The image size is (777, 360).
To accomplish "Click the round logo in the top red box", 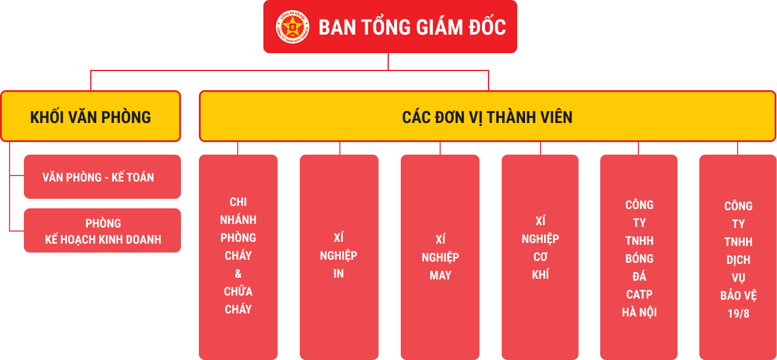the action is coord(293,27).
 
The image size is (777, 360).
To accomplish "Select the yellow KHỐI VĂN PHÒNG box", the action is coord(91,116).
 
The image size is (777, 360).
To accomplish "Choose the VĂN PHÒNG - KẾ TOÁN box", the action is coord(102,177).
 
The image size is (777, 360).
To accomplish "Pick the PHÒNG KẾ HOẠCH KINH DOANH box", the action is coord(102,230).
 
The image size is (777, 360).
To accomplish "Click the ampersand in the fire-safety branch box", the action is coord(238,273).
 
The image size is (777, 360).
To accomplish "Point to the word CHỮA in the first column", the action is coord(238,291).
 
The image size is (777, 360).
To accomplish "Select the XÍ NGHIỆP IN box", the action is coord(339,257).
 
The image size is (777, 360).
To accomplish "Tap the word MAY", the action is coord(440,275).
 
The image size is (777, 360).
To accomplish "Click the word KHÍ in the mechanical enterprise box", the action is coord(540,274).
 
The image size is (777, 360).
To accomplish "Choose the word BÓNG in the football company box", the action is coord(639,258).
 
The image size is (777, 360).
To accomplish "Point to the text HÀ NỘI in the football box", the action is coord(639,312).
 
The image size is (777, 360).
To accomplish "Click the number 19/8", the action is coord(738,313).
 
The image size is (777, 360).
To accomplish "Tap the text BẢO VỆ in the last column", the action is coord(738,296).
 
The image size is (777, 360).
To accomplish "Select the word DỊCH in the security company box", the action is coord(738,260).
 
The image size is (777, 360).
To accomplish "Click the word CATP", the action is coord(639,294).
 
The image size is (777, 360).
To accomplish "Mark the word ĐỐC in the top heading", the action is coord(487,27).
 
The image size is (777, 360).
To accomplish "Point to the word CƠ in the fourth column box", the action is coord(540,257).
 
